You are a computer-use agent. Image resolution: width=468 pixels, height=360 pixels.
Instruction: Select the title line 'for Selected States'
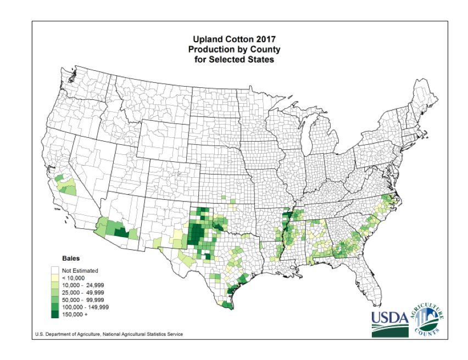point(234,60)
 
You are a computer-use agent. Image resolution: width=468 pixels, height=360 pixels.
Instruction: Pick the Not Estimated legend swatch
point(56,271)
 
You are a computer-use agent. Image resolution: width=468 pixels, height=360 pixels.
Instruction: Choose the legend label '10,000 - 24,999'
point(82,285)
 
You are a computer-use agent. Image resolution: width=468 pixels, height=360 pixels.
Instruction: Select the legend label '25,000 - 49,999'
point(82,293)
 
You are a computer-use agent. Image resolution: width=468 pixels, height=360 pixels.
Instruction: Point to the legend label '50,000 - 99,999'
point(82,300)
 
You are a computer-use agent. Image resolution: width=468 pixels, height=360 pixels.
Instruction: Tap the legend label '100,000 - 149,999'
point(85,307)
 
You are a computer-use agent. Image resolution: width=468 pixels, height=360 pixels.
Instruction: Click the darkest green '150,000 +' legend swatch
point(56,315)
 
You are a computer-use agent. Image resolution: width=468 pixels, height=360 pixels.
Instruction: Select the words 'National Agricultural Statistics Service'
point(143,334)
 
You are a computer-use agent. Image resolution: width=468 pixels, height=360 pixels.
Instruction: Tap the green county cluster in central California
point(65,184)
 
